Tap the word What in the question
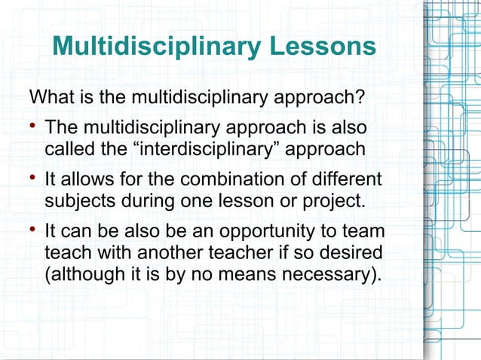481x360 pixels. [x=50, y=98]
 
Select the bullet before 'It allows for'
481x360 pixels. [x=32, y=178]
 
